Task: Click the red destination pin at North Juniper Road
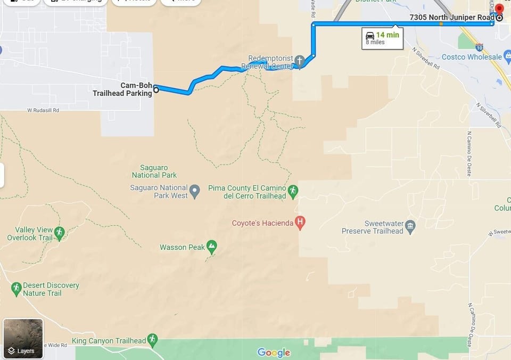pyautogui.click(x=499, y=10)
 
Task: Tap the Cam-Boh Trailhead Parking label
pyautogui.click(x=122, y=89)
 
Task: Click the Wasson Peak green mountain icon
pyautogui.click(x=212, y=247)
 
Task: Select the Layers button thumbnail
pyautogui.click(x=23, y=338)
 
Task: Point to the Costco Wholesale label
pyautogui.click(x=472, y=56)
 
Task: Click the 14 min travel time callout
pyautogui.click(x=382, y=38)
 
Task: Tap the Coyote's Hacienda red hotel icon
pyautogui.click(x=300, y=223)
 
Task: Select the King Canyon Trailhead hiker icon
pyautogui.click(x=153, y=340)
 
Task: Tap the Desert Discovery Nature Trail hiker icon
pyautogui.click(x=16, y=289)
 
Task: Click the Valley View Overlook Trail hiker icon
pyautogui.click(x=59, y=233)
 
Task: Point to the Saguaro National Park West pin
pyautogui.click(x=194, y=191)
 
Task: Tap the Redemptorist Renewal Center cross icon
pyautogui.click(x=300, y=61)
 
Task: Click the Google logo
pyautogui.click(x=274, y=352)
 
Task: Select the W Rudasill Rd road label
pyautogui.click(x=43, y=110)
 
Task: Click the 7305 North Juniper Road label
pyautogui.click(x=451, y=18)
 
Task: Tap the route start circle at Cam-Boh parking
pyautogui.click(x=156, y=90)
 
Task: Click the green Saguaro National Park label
pyautogui.click(x=155, y=171)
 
